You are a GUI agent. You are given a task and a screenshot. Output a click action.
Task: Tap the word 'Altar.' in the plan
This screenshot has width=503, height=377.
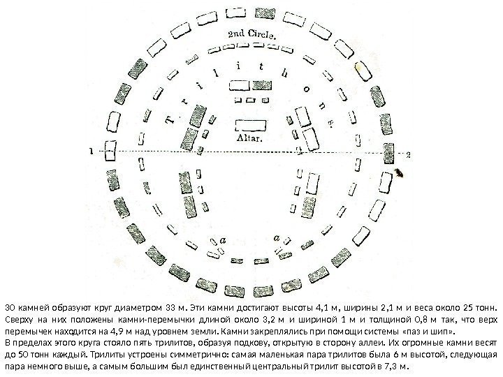pos(250,138)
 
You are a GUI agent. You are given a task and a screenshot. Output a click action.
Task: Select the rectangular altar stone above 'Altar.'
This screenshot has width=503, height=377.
pos(250,125)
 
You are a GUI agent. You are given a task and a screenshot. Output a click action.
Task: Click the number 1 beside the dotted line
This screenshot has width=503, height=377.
pos(92,150)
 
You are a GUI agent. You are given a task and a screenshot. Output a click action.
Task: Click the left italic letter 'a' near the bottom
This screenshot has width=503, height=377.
pos(223,239)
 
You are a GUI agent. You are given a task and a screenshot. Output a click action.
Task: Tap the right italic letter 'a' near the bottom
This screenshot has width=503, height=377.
pos(277,239)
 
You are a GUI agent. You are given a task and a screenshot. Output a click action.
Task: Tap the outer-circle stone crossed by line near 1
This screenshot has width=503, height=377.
pos(110,150)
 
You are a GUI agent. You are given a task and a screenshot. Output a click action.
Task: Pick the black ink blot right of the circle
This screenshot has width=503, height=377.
pos(400,172)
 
